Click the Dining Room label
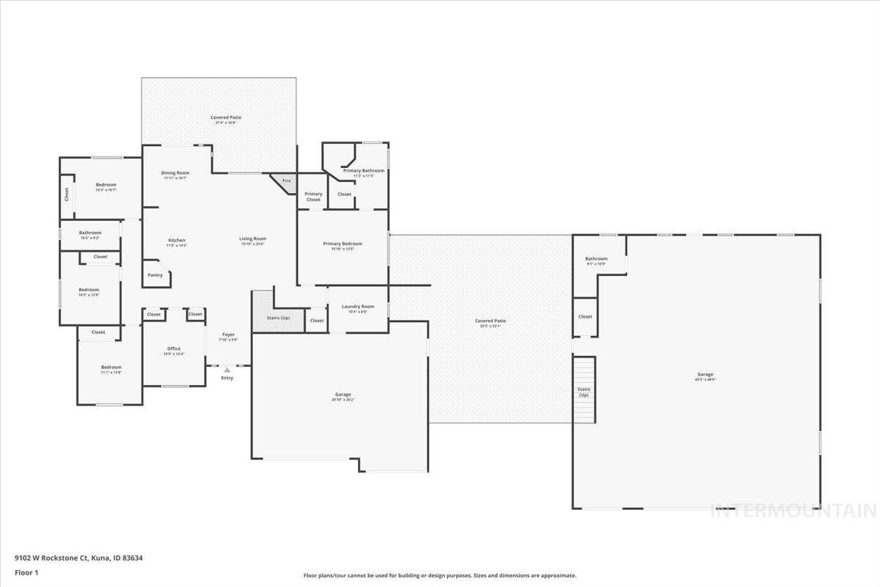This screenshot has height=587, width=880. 175,173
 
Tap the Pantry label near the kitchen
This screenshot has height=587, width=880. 155,275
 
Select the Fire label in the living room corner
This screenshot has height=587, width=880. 286,181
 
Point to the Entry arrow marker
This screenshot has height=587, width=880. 227,371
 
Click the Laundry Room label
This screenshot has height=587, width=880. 358,306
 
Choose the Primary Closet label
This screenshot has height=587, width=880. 313,197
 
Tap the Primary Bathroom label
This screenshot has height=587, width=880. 363,171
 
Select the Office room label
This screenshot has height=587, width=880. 173,349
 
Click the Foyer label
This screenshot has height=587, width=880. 229,335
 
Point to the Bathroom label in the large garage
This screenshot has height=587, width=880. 595,258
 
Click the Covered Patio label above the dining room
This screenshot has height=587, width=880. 225,117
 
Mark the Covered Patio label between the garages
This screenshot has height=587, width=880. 490,321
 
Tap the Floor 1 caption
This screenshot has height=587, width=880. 26,572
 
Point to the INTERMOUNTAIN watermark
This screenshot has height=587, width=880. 793,510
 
